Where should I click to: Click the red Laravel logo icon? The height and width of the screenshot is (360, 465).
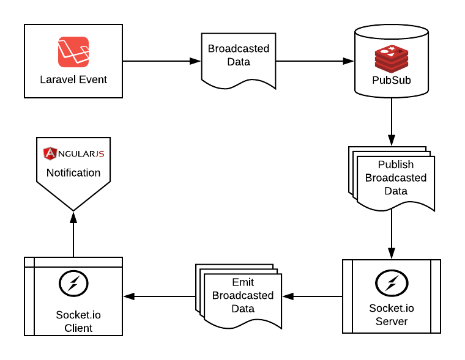pyautogui.click(x=73, y=52)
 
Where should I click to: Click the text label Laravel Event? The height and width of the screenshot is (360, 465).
pyautogui.click(x=73, y=79)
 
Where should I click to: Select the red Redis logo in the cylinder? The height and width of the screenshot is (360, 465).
pyautogui.click(x=392, y=59)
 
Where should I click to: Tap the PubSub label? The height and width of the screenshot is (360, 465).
pyautogui.click(x=392, y=80)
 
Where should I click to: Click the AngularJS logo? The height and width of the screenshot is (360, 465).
pyautogui.click(x=73, y=153)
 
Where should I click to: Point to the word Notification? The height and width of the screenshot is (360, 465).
pyautogui.click(x=73, y=173)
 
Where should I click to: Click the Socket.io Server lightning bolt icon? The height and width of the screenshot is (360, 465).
pyautogui.click(x=392, y=283)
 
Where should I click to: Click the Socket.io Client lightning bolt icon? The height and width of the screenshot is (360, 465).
pyautogui.click(x=73, y=283)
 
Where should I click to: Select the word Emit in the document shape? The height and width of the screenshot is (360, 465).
pyautogui.click(x=243, y=282)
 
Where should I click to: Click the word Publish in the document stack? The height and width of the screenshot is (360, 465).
pyautogui.click(x=396, y=164)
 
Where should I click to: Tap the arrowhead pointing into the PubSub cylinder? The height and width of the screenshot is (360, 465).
pyautogui.click(x=348, y=61)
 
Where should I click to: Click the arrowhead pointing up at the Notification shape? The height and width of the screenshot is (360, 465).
pyautogui.click(x=73, y=217)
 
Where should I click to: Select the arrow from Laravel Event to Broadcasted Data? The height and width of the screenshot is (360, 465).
pyautogui.click(x=162, y=61)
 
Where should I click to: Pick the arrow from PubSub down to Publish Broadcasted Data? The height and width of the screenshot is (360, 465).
pyautogui.click(x=392, y=122)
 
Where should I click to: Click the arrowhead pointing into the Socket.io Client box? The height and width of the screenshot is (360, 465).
pyautogui.click(x=129, y=296)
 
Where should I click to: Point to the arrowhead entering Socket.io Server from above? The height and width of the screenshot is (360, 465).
pyautogui.click(x=392, y=253)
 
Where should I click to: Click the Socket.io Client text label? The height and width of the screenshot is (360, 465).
pyautogui.click(x=78, y=321)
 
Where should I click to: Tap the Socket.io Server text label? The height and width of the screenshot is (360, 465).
pyautogui.click(x=392, y=315)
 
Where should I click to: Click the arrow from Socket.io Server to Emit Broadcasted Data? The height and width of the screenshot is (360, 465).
pyautogui.click(x=312, y=296)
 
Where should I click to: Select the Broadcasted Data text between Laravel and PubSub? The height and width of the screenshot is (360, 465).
pyautogui.click(x=239, y=55)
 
